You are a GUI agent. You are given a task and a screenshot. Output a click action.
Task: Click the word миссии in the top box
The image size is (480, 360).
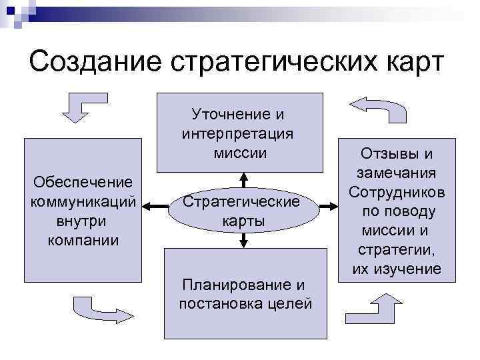(x=241, y=153)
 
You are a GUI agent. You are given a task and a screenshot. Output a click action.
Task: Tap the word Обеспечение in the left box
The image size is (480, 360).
(x=83, y=181)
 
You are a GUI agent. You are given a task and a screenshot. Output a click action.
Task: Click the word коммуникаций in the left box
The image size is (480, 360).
(x=83, y=201)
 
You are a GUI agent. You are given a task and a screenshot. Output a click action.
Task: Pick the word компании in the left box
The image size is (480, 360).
(x=83, y=239)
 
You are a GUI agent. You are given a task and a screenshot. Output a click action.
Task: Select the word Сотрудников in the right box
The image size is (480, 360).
(x=397, y=193)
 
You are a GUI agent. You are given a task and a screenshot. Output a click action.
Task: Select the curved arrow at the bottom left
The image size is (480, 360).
(x=98, y=307)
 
